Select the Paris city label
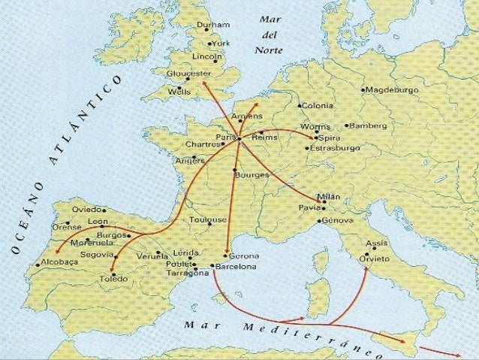coord(225,137)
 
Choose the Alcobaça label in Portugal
coord(57,265)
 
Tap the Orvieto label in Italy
coord(375,258)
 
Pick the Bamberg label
coord(369,125)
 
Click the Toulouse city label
coord(208,219)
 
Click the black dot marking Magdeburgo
coord(363,90)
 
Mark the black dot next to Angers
coord(194,158)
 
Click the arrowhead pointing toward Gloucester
coord(203,84)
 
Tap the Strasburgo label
coord(335,149)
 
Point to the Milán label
coord(329,195)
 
